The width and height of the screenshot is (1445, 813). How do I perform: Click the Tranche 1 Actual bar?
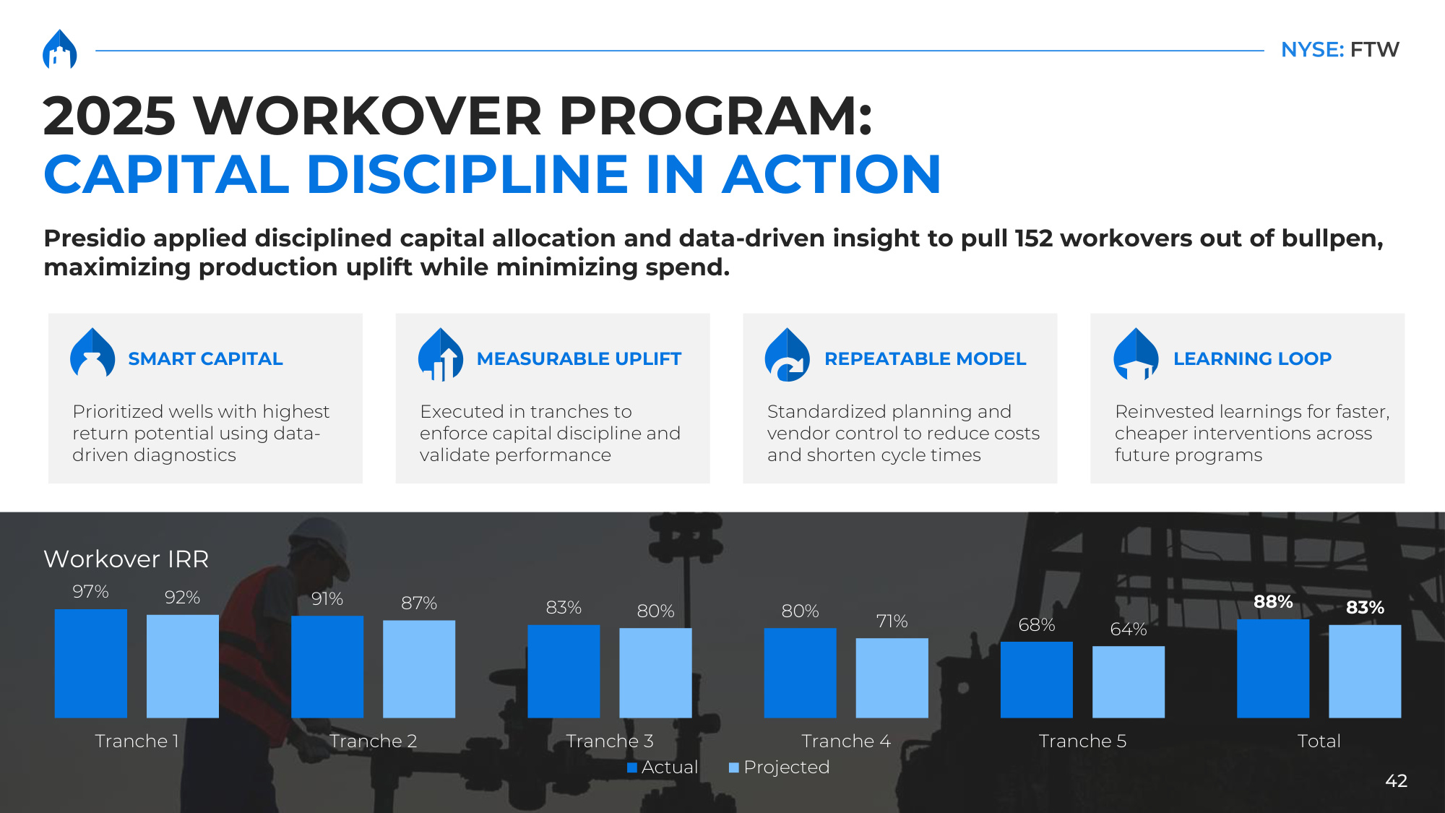pyautogui.click(x=91, y=663)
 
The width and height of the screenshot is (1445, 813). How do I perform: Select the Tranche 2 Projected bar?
pyautogui.click(x=419, y=668)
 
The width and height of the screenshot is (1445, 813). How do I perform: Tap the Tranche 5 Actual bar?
pyautogui.click(x=1037, y=679)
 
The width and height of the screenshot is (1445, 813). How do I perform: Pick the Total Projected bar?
pyautogui.click(x=1365, y=671)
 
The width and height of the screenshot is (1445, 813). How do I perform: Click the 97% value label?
pyautogui.click(x=90, y=592)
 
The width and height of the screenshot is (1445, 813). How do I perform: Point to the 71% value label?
pyautogui.click(x=892, y=621)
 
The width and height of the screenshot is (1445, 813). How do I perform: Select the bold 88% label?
pyautogui.click(x=1273, y=602)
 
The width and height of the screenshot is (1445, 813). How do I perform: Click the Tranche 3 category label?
pyautogui.click(x=610, y=741)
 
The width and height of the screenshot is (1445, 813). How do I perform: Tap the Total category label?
pyautogui.click(x=1319, y=741)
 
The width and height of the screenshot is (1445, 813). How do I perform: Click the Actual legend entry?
pyautogui.click(x=663, y=767)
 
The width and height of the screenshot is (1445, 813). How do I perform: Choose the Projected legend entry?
pyautogui.click(x=780, y=767)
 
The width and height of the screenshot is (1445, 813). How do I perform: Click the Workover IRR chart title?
pyautogui.click(x=126, y=559)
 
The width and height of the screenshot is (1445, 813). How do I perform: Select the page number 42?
pyautogui.click(x=1397, y=780)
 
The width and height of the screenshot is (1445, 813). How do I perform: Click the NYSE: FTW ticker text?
pyautogui.click(x=1340, y=50)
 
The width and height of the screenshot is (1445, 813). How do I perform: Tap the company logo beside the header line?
pyautogui.click(x=60, y=49)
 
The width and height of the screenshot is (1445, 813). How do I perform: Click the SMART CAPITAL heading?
pyautogui.click(x=205, y=358)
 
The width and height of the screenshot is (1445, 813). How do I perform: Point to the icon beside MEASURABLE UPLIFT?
pyautogui.click(x=441, y=354)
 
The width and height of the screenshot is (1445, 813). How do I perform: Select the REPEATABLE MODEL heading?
pyautogui.click(x=926, y=358)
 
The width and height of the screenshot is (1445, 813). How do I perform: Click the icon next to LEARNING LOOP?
pyautogui.click(x=1136, y=354)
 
